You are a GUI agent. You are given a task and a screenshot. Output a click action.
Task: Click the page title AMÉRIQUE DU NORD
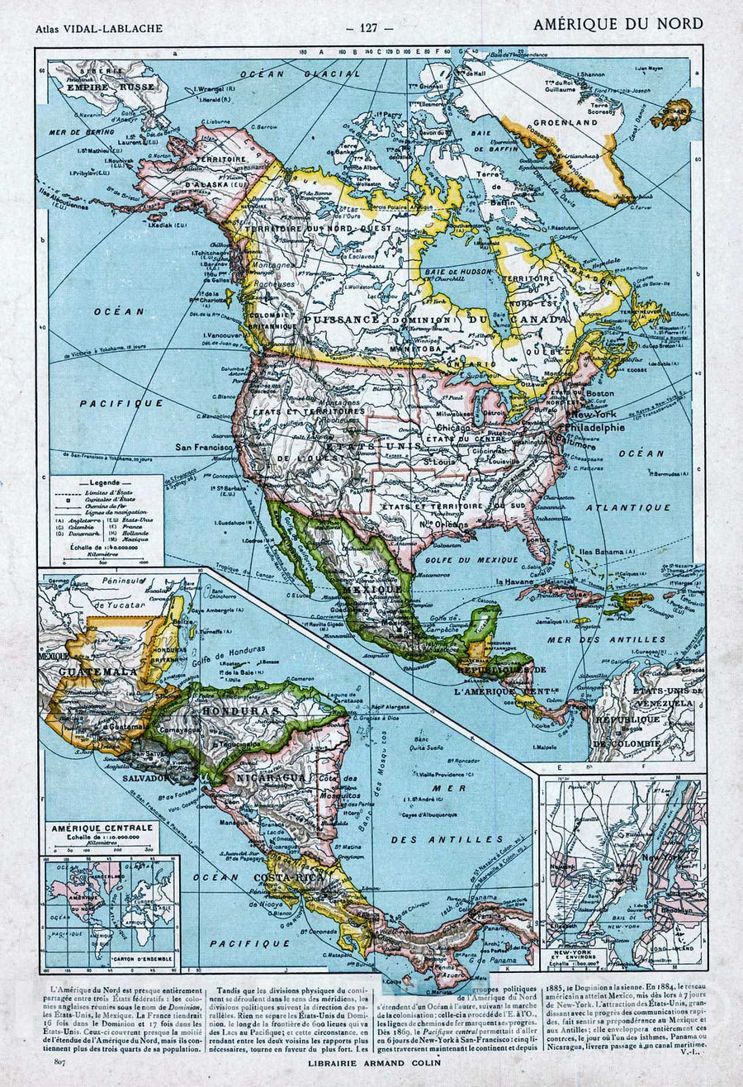(x=618, y=23)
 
